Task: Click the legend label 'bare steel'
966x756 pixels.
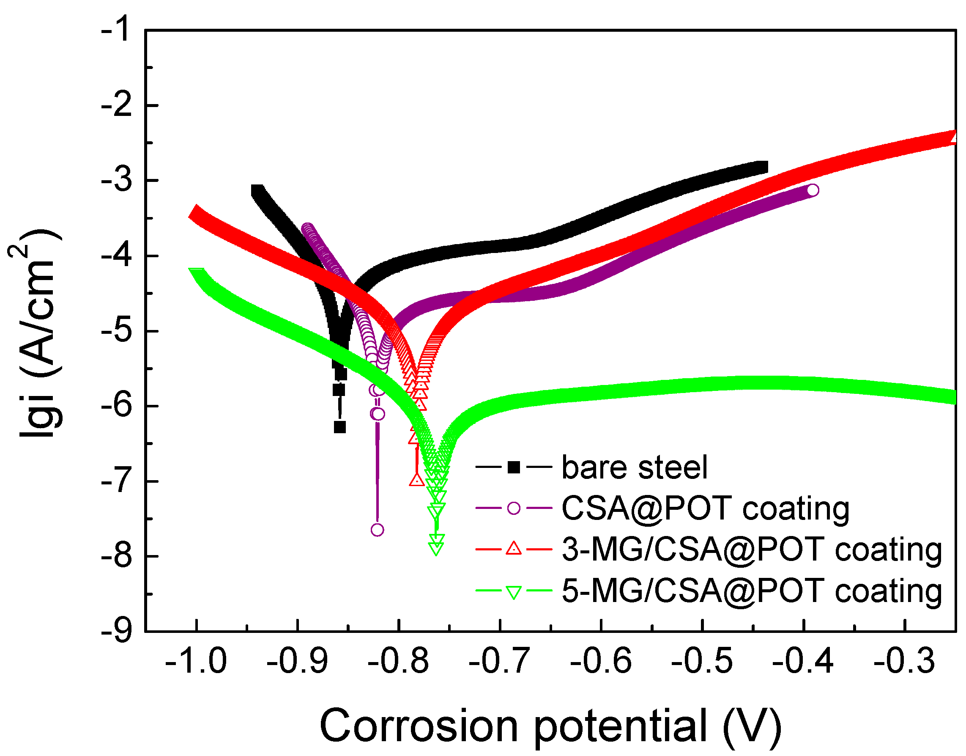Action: pos(634,467)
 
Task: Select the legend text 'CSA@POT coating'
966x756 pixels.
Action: pos(706,508)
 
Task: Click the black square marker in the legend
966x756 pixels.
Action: pos(514,467)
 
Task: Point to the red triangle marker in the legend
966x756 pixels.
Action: pos(514,549)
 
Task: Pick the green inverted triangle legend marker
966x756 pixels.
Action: pos(514,591)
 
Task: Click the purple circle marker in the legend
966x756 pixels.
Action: pos(514,508)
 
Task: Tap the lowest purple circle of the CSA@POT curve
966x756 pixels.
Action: pos(377,530)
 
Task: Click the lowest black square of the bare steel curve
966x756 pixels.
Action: pos(340,427)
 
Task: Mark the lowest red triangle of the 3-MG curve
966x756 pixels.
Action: pos(417,479)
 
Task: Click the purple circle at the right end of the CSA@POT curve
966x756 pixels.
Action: pos(813,190)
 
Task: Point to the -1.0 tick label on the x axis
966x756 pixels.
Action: pos(196,661)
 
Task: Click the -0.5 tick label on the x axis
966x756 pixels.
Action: pos(702,661)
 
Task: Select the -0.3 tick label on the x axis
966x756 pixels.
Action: pos(904,661)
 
